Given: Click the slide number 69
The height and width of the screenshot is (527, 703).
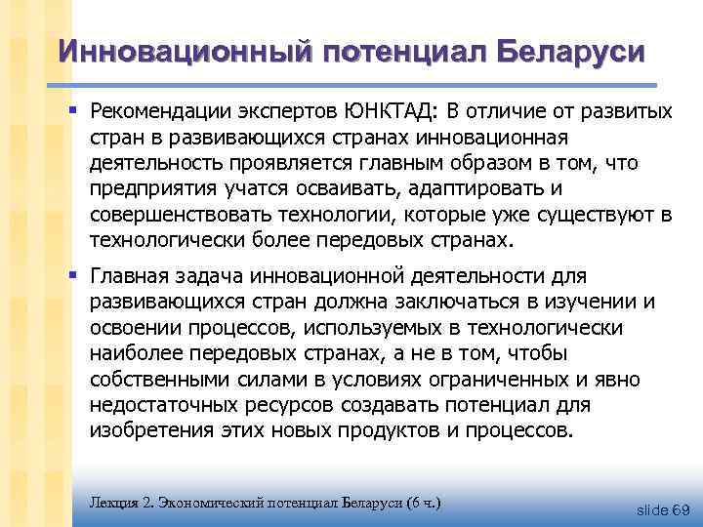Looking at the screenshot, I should point(681,508).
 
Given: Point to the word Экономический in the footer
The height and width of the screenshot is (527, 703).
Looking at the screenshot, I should point(203,503).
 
